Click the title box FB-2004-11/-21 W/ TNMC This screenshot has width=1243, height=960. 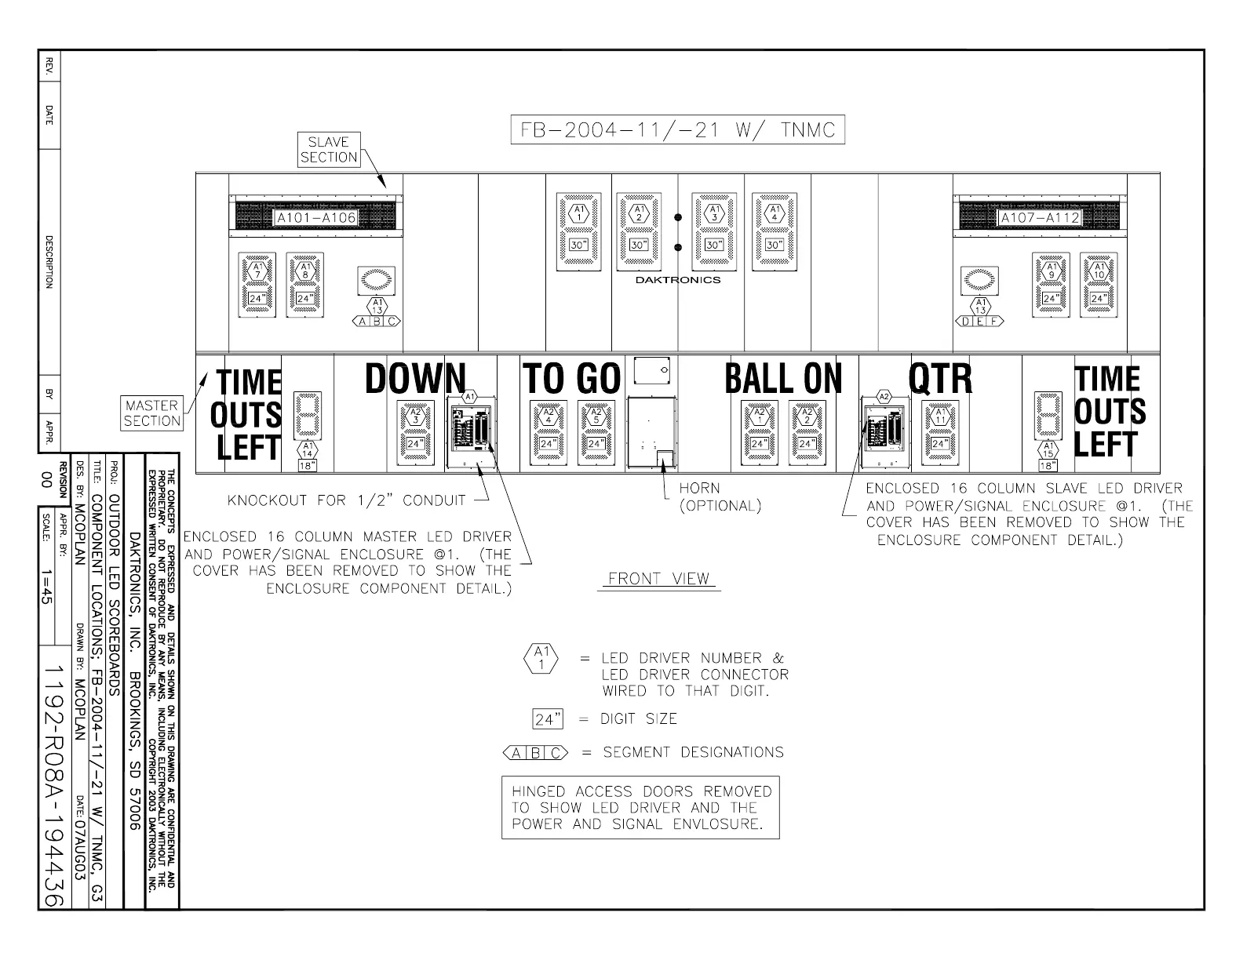pyautogui.click(x=676, y=129)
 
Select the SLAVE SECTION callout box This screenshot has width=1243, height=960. pyautogui.click(x=329, y=150)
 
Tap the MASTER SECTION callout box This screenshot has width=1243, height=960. pyautogui.click(x=151, y=413)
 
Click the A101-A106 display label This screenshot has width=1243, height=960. pyautogui.click(x=315, y=217)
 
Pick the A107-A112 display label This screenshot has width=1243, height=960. pyautogui.click(x=1039, y=217)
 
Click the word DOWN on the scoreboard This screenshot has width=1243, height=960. pyautogui.click(x=415, y=378)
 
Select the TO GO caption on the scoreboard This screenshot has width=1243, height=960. pyautogui.click(x=572, y=379)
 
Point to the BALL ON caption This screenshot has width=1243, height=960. pyautogui.click(x=783, y=379)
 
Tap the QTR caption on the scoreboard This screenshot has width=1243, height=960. pyautogui.click(x=940, y=379)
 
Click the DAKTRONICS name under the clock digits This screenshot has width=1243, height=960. pyautogui.click(x=678, y=280)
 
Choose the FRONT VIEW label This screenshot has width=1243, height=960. pyautogui.click(x=659, y=579)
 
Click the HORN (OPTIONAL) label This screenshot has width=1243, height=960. pyautogui.click(x=720, y=497)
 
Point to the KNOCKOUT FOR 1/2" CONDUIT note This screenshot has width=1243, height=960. pyautogui.click(x=346, y=500)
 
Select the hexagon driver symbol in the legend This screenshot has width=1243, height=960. pyautogui.click(x=541, y=658)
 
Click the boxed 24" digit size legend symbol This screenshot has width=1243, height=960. pyautogui.click(x=548, y=718)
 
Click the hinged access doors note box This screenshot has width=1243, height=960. pyautogui.click(x=640, y=808)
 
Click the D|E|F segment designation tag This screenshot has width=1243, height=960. pyautogui.click(x=979, y=321)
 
